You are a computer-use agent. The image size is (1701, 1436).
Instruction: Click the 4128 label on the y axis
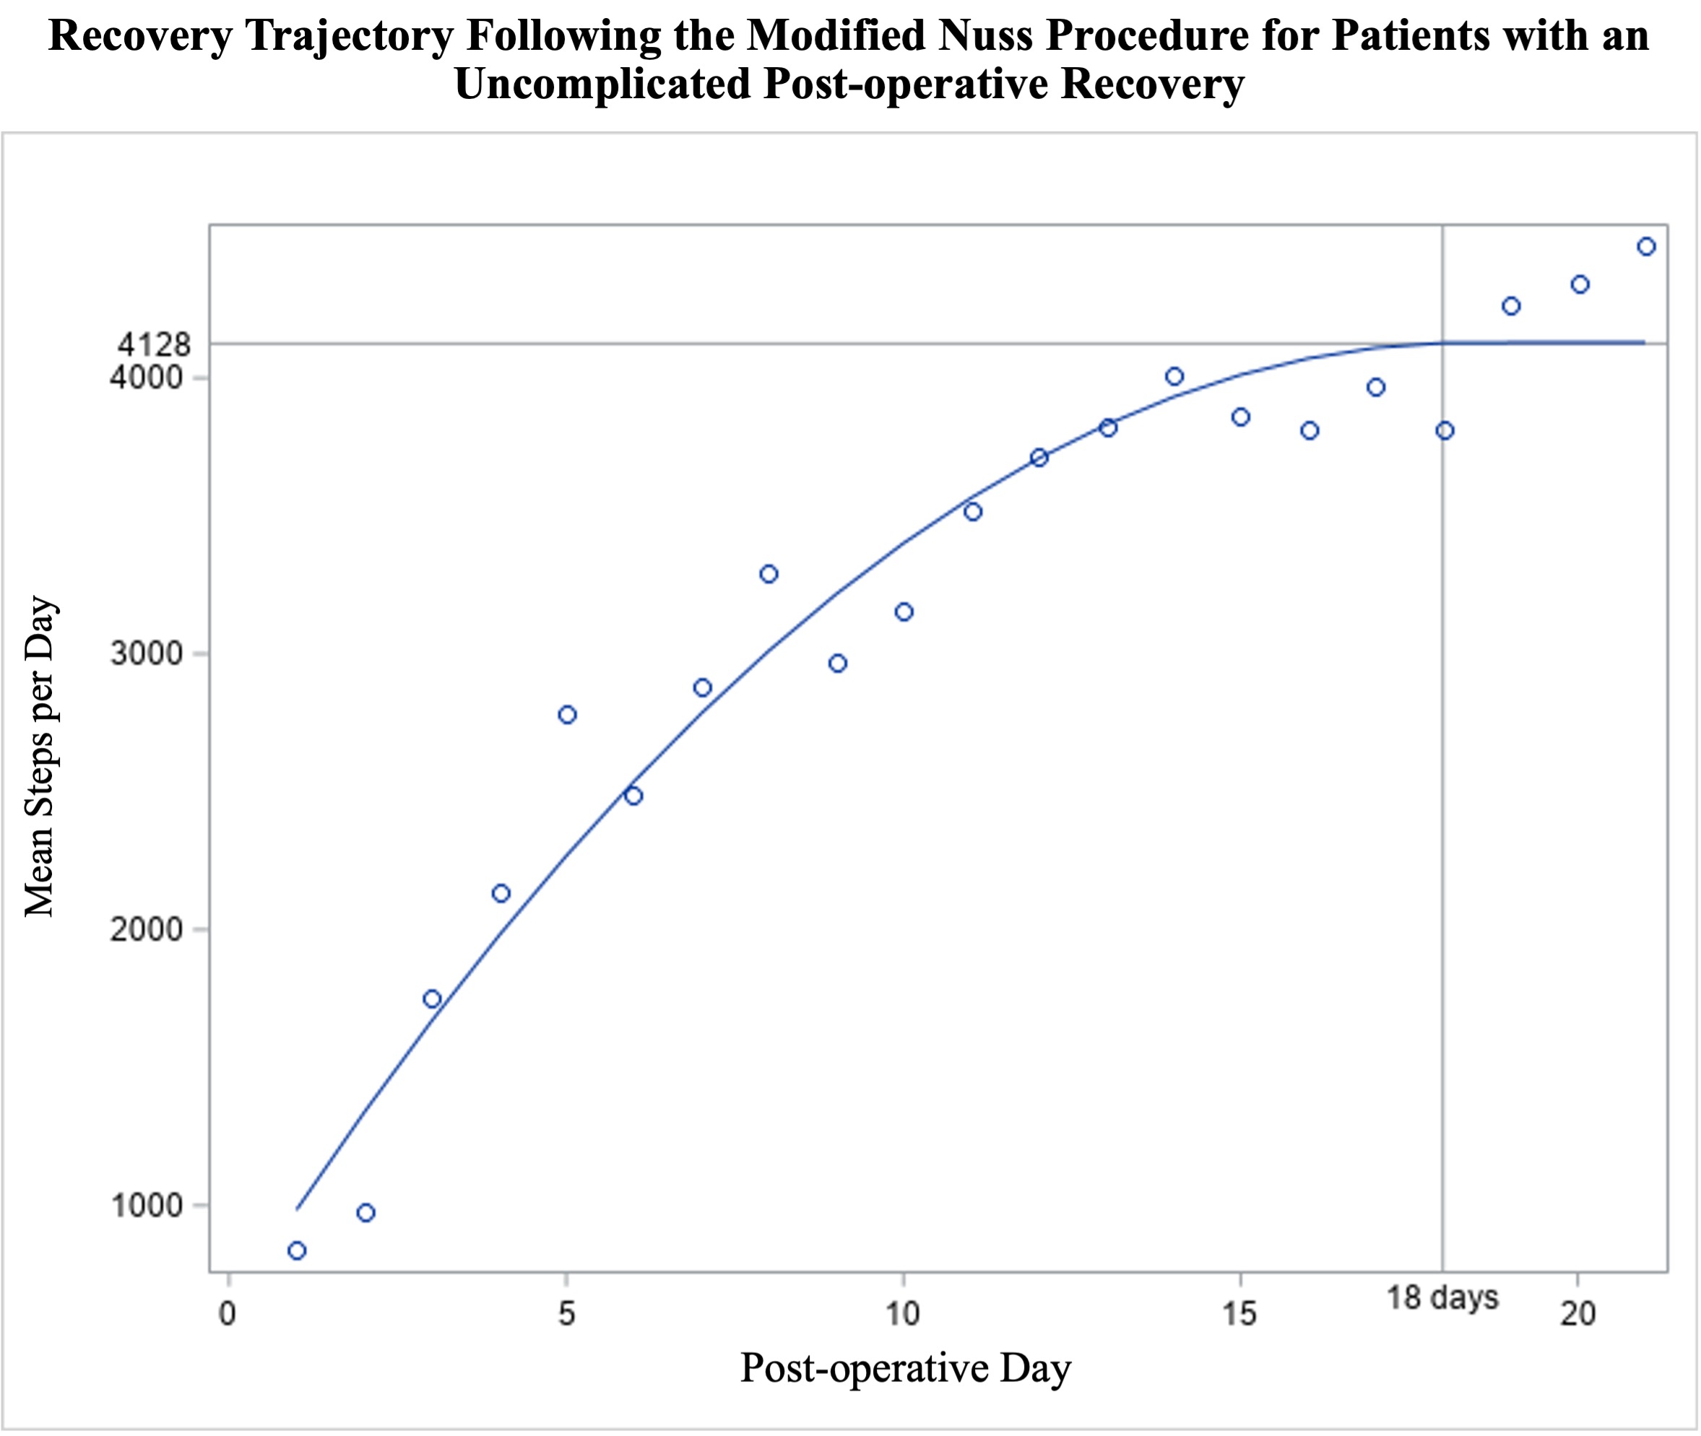[x=154, y=345]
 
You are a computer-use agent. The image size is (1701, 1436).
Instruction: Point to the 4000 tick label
[x=146, y=378]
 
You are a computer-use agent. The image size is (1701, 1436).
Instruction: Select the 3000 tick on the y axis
[x=146, y=653]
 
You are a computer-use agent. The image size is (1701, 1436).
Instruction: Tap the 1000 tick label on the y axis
[x=146, y=1205]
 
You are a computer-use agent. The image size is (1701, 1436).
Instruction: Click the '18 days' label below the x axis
[x=1442, y=1297]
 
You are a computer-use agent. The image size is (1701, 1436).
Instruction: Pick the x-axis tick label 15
[x=1239, y=1313]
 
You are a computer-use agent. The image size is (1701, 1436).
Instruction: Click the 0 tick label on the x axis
[x=228, y=1313]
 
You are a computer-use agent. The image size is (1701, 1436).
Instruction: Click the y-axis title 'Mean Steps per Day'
[x=39, y=757]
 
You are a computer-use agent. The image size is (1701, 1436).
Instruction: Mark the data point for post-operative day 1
[x=297, y=1250]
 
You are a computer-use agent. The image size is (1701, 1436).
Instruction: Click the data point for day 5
[x=568, y=715]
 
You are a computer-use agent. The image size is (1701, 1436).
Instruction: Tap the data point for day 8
[x=769, y=574]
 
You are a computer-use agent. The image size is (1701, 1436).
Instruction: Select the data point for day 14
[x=1174, y=376]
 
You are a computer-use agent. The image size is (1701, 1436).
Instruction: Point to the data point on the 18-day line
[x=1445, y=430]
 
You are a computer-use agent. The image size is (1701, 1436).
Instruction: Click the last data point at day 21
[x=1645, y=247]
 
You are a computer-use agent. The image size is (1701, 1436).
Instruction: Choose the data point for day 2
[x=365, y=1213]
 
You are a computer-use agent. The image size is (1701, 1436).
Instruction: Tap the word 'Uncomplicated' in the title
[x=602, y=84]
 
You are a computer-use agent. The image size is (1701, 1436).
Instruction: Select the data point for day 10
[x=904, y=612]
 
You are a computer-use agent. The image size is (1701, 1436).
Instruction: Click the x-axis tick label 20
[x=1577, y=1313]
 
